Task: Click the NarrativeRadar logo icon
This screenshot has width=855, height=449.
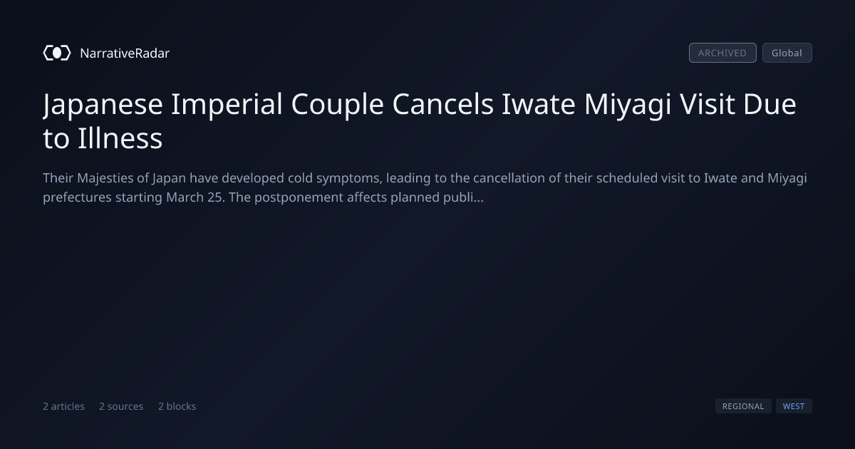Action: click(57, 53)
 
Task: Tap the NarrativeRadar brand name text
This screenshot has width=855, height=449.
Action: click(125, 53)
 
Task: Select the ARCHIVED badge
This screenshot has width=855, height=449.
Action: click(722, 53)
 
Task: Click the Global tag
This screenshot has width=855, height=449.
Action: click(787, 53)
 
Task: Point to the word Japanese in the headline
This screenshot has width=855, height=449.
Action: click(103, 104)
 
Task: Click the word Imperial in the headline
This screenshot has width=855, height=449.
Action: click(227, 104)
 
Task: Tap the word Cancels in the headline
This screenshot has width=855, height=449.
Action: click(442, 104)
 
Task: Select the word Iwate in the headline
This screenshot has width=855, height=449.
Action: click(538, 104)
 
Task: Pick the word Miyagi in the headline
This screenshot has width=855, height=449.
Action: click(628, 104)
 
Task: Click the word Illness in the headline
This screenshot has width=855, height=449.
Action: click(120, 138)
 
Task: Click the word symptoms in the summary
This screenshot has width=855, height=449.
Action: click(349, 179)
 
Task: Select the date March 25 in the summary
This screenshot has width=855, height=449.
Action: click(195, 197)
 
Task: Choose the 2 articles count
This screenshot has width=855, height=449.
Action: click(63, 406)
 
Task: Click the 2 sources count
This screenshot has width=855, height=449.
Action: click(121, 406)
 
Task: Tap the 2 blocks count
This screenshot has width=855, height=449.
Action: click(177, 406)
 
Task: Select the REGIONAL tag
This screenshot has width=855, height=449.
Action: click(743, 406)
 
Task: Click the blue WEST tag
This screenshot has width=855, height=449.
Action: click(794, 406)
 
